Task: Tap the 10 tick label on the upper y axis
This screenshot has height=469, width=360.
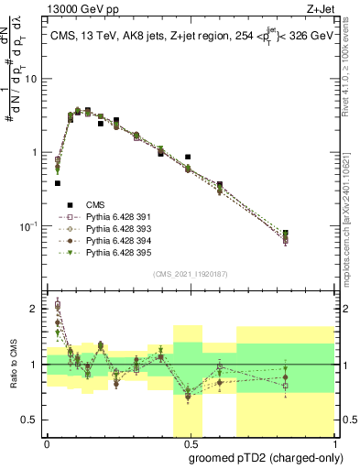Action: click(x=32, y=79)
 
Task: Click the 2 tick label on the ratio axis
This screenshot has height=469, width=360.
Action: click(x=36, y=309)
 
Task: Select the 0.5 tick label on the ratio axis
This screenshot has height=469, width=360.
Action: click(x=32, y=420)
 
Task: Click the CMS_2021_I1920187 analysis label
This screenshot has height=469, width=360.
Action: click(x=190, y=274)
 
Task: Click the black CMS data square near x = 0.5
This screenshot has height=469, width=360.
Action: click(x=188, y=158)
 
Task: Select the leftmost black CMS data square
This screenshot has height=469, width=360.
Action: click(x=57, y=183)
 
